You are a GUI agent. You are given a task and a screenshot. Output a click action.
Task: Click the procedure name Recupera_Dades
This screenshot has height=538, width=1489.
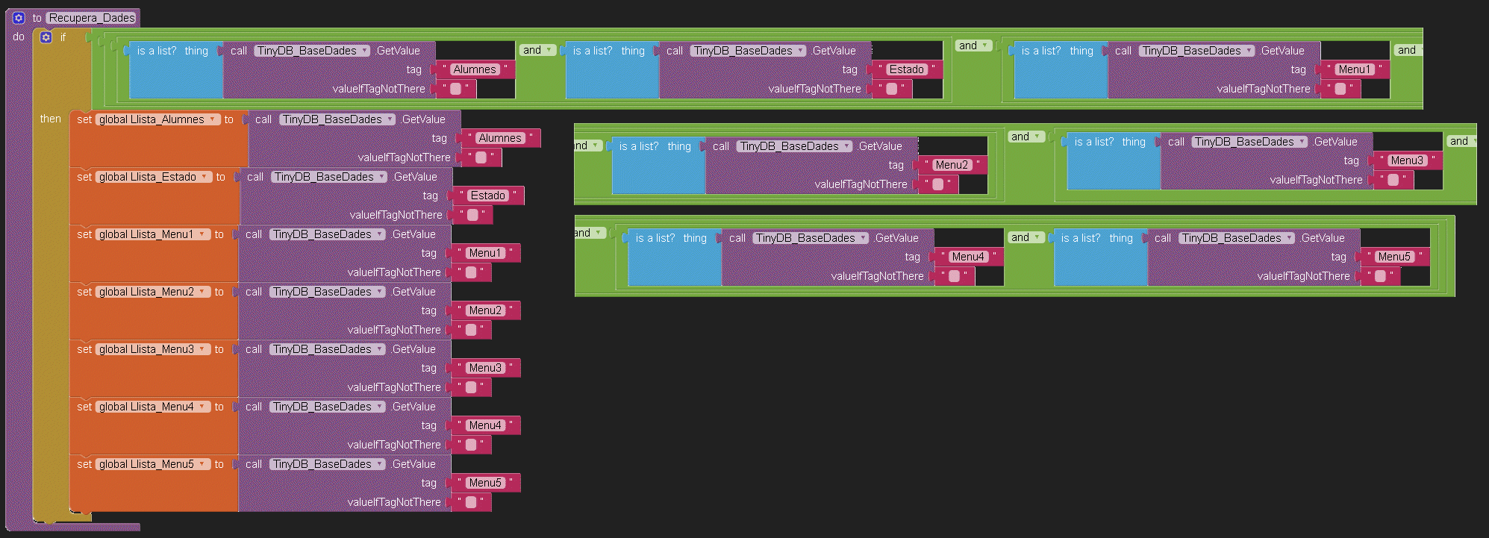coord(92,18)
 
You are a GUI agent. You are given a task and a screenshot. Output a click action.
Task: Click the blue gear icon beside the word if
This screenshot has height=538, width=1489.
coord(46,37)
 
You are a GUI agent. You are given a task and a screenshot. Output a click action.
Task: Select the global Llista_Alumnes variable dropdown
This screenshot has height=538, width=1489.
coord(157,119)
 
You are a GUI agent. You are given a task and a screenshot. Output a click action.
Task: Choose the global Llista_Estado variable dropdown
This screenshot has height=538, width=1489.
coord(153,177)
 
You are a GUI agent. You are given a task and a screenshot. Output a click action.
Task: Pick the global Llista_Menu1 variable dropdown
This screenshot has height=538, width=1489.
coord(152,234)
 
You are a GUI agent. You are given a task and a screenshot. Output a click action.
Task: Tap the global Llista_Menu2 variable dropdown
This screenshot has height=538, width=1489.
coord(152,292)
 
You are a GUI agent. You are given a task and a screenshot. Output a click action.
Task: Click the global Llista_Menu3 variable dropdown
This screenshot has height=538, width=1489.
coord(152,349)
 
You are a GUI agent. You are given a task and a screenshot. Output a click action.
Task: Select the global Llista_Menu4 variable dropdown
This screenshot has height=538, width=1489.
coord(152,407)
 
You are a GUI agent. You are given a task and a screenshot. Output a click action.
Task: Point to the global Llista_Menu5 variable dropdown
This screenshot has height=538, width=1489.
coord(152,464)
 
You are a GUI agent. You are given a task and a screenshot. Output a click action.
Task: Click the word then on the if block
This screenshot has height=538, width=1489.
coord(51,119)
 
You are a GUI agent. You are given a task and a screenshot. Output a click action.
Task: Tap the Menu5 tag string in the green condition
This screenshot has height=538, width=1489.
coord(1393,257)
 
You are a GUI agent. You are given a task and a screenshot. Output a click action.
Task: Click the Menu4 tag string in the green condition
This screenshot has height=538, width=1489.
coord(967,257)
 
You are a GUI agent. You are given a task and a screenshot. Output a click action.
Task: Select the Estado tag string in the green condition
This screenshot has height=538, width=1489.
coord(906,69)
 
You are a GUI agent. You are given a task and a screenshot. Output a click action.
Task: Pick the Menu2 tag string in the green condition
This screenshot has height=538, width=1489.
coord(951,165)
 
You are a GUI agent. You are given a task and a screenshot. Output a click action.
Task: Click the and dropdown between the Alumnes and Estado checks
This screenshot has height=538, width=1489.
coord(537,50)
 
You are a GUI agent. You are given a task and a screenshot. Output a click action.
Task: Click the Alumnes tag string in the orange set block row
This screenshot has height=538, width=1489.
coord(499,138)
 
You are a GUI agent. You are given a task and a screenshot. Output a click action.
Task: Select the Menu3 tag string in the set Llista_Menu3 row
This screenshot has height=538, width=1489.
coord(484,368)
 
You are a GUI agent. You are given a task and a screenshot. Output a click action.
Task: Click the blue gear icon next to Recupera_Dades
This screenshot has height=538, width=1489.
coord(19,18)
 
